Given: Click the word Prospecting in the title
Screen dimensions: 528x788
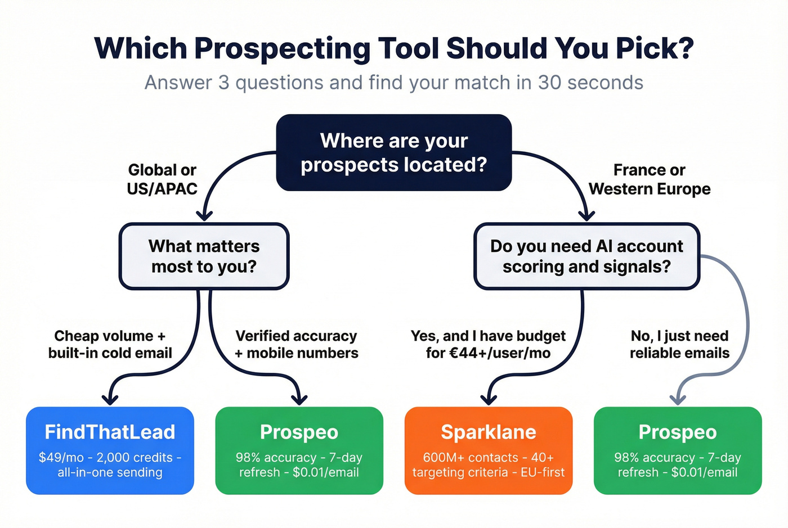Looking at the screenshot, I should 281,49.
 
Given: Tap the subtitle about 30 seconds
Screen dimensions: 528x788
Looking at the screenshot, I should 393,83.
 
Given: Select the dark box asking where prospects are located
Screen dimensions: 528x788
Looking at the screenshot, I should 393,152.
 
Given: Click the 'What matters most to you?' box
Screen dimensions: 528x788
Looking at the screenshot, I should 204,256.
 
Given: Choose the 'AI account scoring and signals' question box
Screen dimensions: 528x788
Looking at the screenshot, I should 586,256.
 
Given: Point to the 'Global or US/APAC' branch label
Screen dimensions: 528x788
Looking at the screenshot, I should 162,179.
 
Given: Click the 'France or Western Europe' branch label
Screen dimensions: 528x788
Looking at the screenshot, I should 650,179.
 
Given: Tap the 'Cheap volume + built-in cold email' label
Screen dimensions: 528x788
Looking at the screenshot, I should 110,344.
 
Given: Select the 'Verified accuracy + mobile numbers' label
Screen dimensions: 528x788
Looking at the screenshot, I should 296,344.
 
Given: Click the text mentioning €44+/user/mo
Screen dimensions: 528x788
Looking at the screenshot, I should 488,353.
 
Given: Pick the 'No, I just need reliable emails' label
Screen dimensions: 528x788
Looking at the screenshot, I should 679,344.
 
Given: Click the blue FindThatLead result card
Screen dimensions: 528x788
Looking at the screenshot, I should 110,450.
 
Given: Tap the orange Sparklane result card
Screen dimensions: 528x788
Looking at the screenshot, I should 488,450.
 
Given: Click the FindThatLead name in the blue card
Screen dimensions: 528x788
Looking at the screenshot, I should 110,432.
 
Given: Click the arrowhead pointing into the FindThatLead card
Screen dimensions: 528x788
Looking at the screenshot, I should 110,399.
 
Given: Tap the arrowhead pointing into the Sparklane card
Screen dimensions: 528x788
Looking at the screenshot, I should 489,399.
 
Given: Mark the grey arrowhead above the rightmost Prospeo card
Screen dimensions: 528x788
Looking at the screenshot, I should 678,399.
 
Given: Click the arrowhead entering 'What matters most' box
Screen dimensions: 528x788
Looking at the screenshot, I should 204,215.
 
